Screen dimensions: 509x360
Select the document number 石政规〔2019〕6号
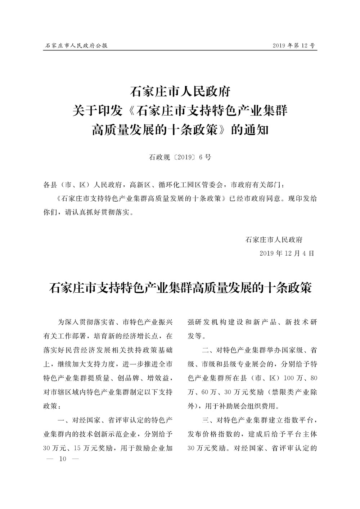point(180,157)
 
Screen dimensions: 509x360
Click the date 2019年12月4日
point(287,253)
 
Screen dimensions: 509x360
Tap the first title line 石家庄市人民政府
point(180,92)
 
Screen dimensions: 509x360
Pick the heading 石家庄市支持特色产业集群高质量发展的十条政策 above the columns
point(180,288)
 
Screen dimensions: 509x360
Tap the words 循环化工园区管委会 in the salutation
point(189,185)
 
